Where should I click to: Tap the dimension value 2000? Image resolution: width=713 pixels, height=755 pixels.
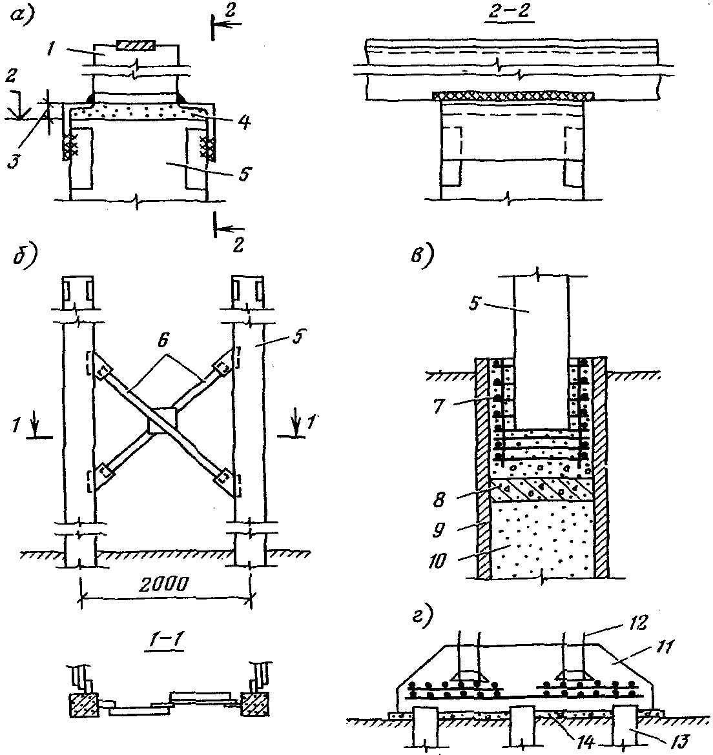(164, 585)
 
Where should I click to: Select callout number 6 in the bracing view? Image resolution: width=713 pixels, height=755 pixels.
(163, 340)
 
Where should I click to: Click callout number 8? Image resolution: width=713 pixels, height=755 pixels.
(439, 500)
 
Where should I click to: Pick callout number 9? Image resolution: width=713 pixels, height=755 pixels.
(439, 530)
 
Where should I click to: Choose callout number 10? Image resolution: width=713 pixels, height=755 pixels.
(437, 561)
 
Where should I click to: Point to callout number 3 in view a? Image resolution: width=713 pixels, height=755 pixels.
(15, 160)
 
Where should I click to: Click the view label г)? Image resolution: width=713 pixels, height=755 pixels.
(422, 616)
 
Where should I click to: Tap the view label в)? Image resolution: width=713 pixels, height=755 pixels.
(422, 254)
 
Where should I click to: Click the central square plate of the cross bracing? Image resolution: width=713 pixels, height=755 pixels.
(163, 420)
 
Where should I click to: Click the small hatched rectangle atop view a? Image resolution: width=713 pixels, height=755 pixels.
(136, 46)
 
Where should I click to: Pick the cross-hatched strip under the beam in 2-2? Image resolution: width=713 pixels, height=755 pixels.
(513, 96)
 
